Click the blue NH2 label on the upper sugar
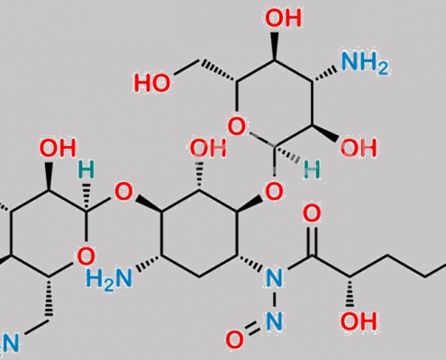364,63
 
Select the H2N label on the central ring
109,279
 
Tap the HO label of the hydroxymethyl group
152,83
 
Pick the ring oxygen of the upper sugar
237,126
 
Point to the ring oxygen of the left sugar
86,256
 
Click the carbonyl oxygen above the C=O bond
312,213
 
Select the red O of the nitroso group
234,339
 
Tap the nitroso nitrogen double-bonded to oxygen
274,320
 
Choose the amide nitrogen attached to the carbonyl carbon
274,278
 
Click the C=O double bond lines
312,240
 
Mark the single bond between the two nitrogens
274,299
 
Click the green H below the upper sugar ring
312,170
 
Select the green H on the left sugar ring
86,169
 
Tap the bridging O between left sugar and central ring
123,192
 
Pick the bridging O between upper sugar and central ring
274,192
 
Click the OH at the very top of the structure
283,18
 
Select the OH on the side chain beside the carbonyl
359,321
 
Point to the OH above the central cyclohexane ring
208,148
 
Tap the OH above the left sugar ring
58,148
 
